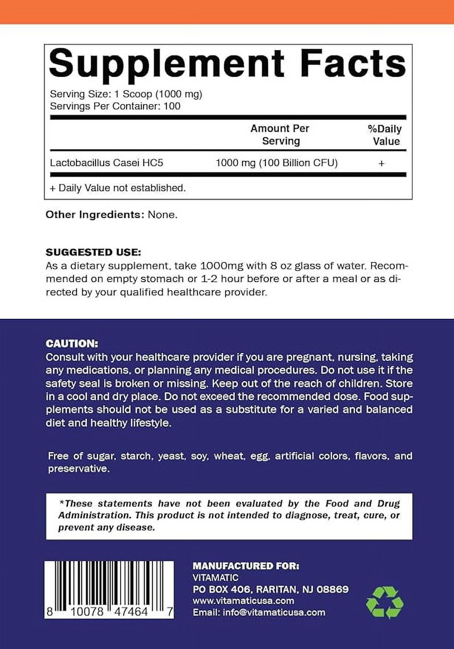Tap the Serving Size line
pyautogui.click(x=126, y=94)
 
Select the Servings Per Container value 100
pyautogui.click(x=172, y=106)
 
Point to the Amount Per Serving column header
pyautogui.click(x=280, y=135)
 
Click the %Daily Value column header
pyautogui.click(x=385, y=135)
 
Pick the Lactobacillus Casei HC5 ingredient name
pyautogui.click(x=106, y=163)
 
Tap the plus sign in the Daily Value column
pyautogui.click(x=382, y=163)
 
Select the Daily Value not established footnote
pyautogui.click(x=118, y=188)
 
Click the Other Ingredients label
pyautogui.click(x=95, y=214)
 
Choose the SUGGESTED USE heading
pyautogui.click(x=93, y=253)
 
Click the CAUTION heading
pyautogui.click(x=72, y=344)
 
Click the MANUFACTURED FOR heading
pyautogui.click(x=246, y=566)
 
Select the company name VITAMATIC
pyautogui.click(x=216, y=577)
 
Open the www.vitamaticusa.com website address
pyautogui.click(x=243, y=601)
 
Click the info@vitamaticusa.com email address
pyautogui.click(x=274, y=612)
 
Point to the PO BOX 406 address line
pyautogui.click(x=270, y=589)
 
